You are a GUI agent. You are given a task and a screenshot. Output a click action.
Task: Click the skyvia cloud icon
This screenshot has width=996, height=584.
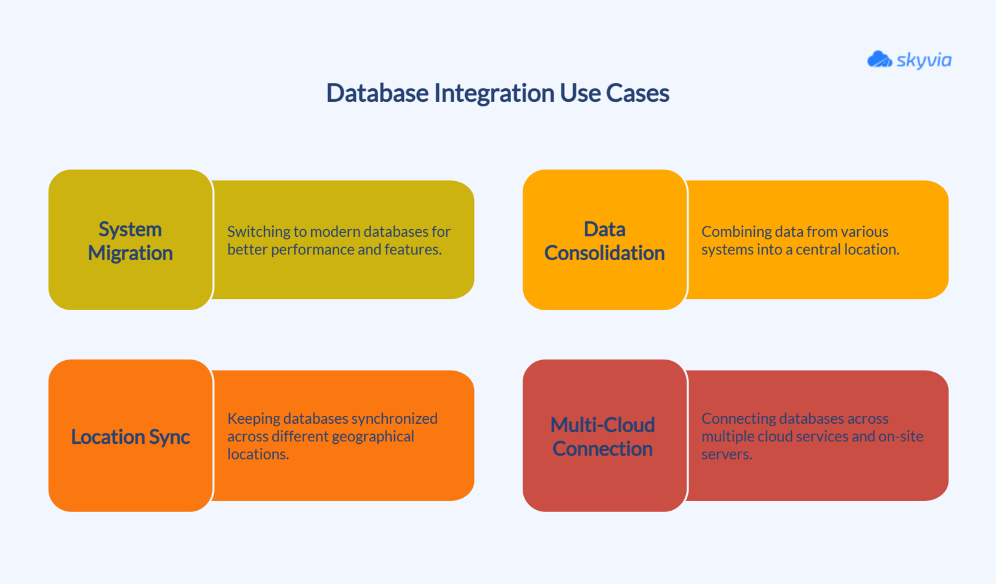point(879,60)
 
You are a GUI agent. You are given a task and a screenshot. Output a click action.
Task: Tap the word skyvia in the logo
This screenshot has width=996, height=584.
point(924,60)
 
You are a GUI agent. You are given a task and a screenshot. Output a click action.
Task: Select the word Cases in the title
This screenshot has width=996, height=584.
point(637,93)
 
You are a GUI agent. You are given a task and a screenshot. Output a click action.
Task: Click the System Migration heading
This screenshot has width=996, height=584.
point(130,241)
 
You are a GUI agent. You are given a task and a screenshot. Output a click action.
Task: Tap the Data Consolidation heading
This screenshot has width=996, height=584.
point(604,241)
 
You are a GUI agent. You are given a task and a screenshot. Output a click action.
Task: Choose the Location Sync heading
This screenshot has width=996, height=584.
point(130,437)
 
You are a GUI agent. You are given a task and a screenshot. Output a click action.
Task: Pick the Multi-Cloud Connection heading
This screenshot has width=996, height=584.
point(602,437)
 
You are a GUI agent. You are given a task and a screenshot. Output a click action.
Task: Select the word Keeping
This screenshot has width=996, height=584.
point(253,419)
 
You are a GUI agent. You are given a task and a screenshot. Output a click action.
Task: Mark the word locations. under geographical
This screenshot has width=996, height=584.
point(257,454)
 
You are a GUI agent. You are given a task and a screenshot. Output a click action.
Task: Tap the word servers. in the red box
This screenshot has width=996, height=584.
point(726,454)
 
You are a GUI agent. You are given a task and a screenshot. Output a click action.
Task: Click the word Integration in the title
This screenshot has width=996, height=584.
point(496,93)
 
